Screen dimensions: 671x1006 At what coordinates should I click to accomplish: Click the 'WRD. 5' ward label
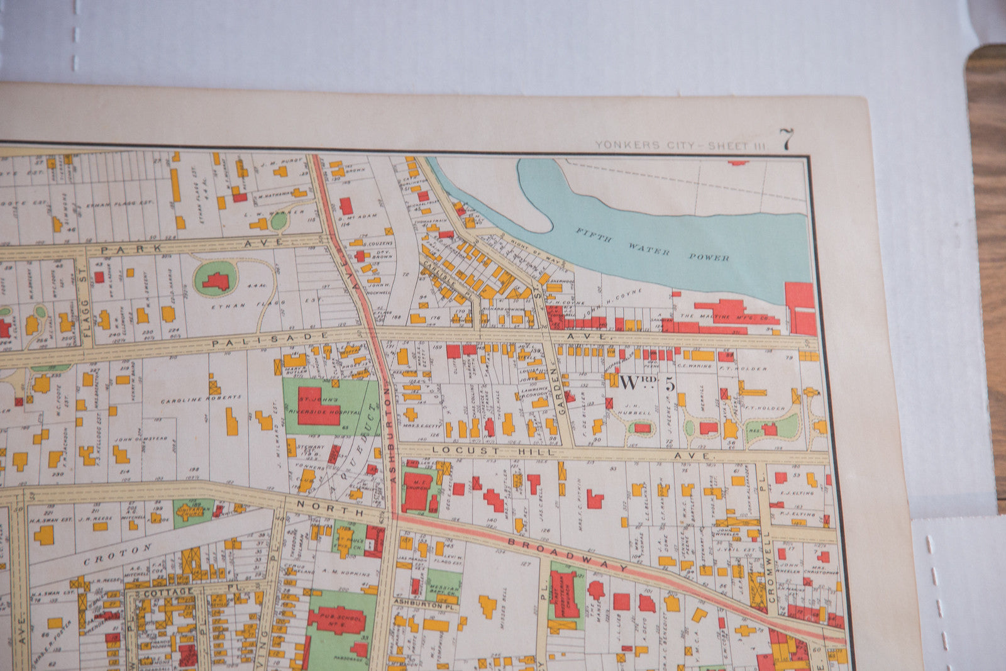pyautogui.click(x=647, y=382)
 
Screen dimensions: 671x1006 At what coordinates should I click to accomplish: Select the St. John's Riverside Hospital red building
pyautogui.click(x=318, y=406)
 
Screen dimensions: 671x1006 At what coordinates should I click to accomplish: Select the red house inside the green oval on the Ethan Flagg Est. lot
pyautogui.click(x=216, y=280)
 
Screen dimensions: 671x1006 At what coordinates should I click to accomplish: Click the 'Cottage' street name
pyautogui.click(x=169, y=592)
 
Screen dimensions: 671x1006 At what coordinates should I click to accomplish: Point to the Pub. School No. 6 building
pyautogui.click(x=336, y=620)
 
